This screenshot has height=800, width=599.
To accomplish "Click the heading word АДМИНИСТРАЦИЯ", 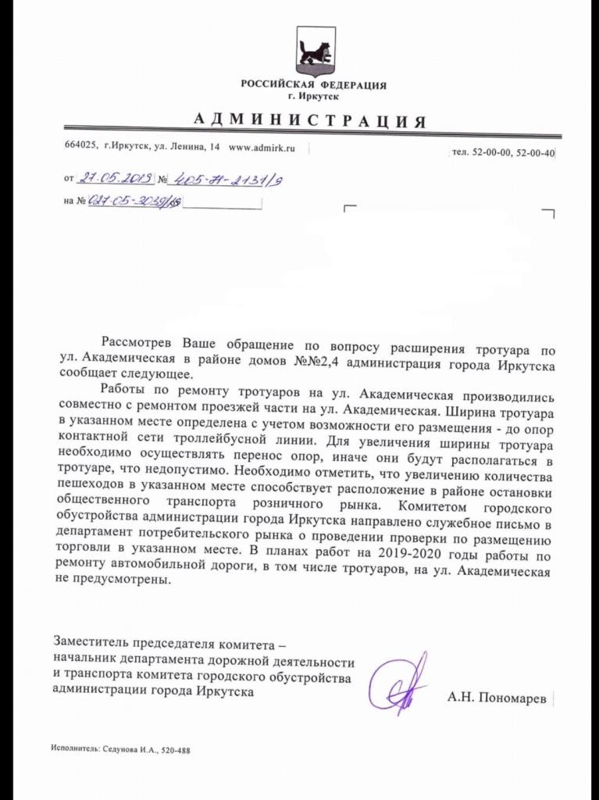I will (309, 121).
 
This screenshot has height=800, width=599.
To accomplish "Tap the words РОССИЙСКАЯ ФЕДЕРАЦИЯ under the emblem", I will (313, 85).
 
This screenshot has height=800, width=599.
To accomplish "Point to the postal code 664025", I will (80, 147).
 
